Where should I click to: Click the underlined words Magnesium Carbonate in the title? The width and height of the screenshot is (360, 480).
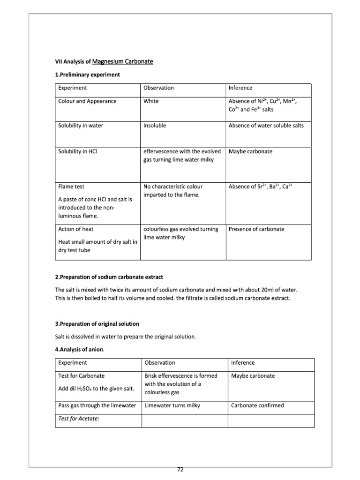pos(123,61)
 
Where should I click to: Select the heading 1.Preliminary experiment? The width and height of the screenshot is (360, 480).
pos(87,75)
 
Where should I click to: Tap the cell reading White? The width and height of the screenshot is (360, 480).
pos(151,101)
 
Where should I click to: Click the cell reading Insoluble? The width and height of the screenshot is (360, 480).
pos(155,126)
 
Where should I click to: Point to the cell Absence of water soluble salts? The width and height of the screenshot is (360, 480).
pos(266,126)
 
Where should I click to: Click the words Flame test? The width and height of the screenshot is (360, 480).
pos(71,187)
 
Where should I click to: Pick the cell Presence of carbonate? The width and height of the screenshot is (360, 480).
pos(256,229)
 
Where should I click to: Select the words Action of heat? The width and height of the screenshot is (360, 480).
pos(76,229)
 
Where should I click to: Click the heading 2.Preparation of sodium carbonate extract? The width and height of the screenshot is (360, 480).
pos(109,277)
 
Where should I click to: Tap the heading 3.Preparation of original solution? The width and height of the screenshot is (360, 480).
pos(97,324)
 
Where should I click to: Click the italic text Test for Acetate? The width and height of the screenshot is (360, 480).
pos(79,419)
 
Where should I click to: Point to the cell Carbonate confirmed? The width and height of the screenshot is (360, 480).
pos(257,405)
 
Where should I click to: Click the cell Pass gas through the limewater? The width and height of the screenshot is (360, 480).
pos(97,405)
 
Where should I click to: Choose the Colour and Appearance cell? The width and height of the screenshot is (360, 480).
pos(87,101)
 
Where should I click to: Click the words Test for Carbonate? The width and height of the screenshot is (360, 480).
pos(82,376)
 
